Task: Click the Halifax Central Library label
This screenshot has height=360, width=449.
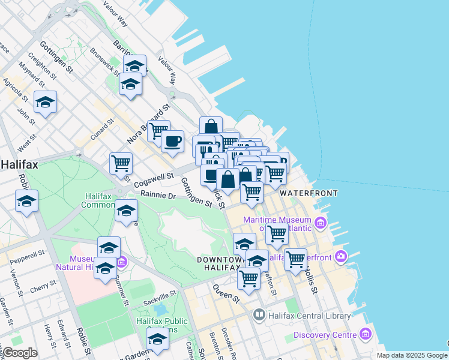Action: tap(309, 315)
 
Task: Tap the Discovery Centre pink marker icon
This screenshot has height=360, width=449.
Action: tap(366, 334)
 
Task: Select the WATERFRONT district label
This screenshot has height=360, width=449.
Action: tap(309, 193)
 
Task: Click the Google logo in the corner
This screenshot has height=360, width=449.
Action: tap(19, 353)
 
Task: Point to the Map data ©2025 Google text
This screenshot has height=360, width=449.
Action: tap(412, 355)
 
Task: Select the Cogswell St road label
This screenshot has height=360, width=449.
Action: tap(154, 178)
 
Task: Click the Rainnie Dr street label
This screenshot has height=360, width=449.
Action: tap(158, 196)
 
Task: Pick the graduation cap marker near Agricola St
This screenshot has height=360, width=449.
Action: tap(45, 103)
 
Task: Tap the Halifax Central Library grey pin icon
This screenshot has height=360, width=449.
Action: tap(259, 314)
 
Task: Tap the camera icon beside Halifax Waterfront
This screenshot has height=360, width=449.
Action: tap(342, 257)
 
